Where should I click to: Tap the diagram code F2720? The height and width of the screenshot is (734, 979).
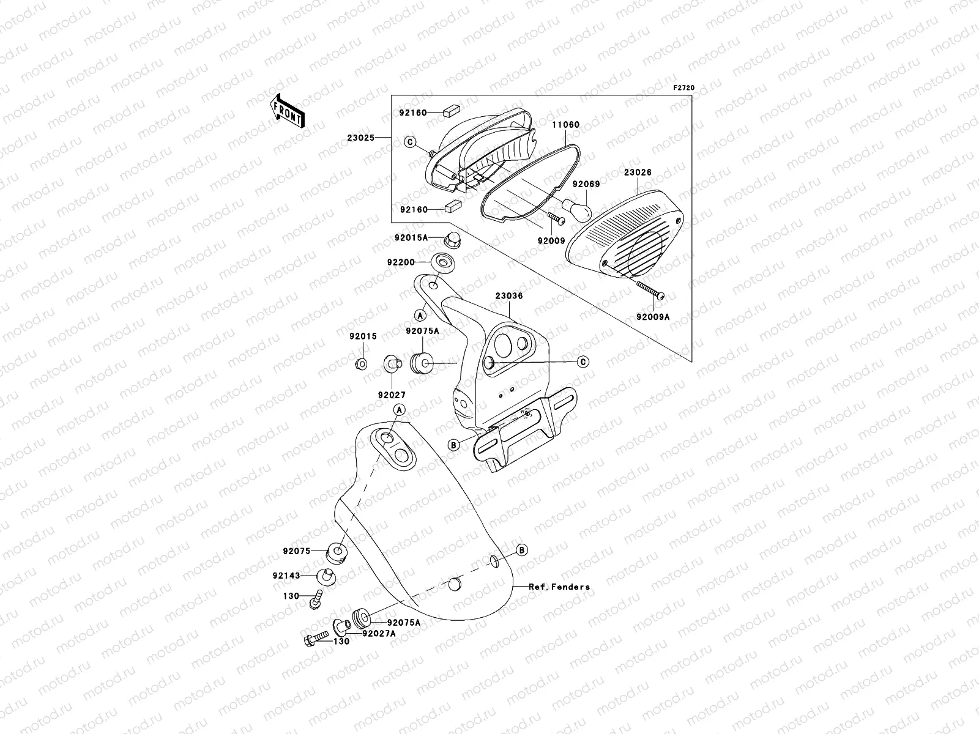pyautogui.click(x=684, y=88)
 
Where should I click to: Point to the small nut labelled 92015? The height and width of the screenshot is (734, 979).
pyautogui.click(x=362, y=364)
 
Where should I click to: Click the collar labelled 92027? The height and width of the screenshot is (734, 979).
pyautogui.click(x=391, y=364)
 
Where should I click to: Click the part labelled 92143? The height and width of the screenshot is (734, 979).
pyautogui.click(x=326, y=576)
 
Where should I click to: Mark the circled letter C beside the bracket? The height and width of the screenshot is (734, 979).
pyautogui.click(x=584, y=362)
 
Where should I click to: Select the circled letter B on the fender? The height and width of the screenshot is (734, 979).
pyautogui.click(x=521, y=550)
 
